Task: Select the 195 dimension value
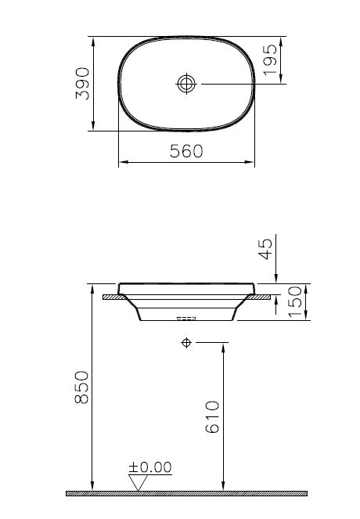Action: pos(271,59)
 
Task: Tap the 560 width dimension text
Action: pos(186,152)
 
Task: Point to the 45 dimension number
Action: pos(265,250)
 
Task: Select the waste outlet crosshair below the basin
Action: pos(186,342)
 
